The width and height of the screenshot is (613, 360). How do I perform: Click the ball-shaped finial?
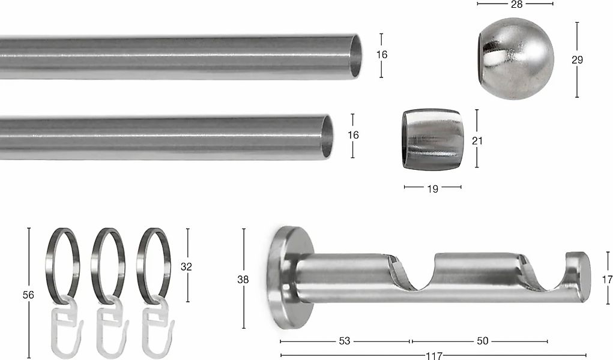coord(516,58)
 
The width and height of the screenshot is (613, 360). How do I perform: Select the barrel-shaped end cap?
coord(432,140)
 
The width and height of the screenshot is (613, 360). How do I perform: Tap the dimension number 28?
coord(516,4)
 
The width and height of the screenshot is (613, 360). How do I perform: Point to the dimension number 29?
coord(577,60)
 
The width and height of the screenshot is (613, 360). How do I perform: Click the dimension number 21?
coord(477,141)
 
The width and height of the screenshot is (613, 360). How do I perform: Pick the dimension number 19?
coord(432,189)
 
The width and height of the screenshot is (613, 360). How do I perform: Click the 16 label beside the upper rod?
coord(382,55)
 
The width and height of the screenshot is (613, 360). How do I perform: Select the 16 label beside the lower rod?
coord(353,135)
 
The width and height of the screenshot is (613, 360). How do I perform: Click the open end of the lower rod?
coord(327,137)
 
